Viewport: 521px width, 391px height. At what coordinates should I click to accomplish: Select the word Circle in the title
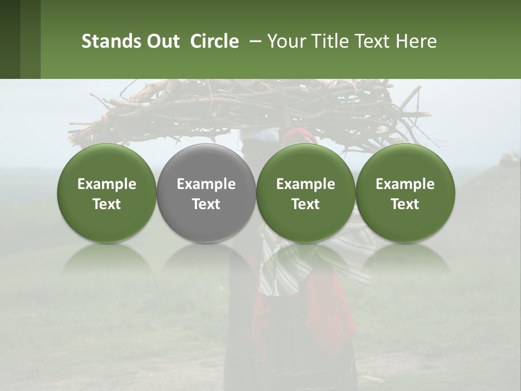tap(214, 41)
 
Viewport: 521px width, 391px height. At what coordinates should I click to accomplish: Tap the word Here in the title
tap(417, 41)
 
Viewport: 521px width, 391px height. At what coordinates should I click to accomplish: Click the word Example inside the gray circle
tap(206, 184)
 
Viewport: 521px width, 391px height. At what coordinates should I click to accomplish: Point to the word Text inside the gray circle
tap(206, 204)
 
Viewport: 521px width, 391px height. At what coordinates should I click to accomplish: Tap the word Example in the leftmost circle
tap(107, 184)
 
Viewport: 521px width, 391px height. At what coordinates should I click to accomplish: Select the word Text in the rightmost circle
tap(405, 204)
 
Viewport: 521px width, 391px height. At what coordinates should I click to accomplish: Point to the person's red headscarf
tap(301, 136)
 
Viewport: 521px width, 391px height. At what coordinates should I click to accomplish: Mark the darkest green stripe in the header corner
tap(10, 39)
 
